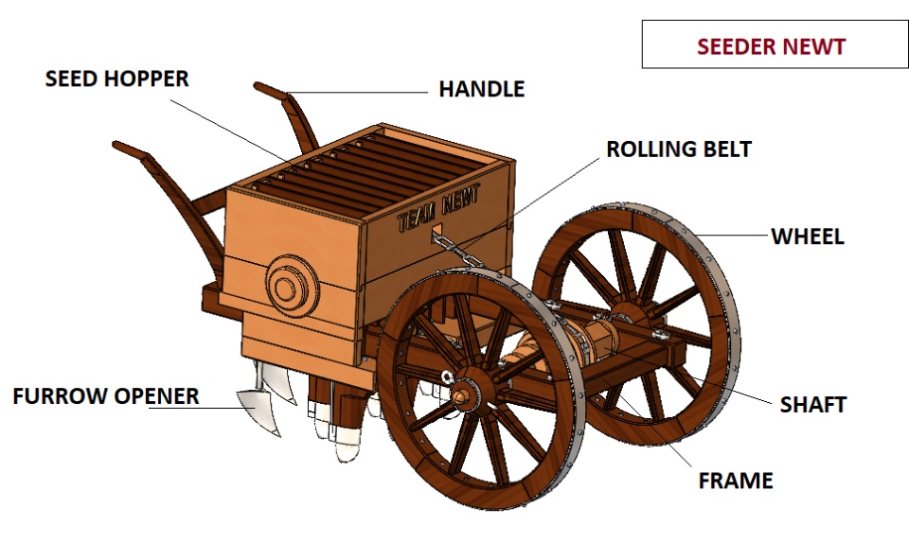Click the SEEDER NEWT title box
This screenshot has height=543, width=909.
coord(775,44)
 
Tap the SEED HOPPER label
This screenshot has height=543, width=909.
coord(116,79)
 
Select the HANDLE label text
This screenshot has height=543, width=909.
coord(481,90)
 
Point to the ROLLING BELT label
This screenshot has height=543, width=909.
coord(679,149)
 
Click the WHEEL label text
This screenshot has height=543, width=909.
coord(807,236)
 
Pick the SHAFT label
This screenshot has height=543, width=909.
coord(812,405)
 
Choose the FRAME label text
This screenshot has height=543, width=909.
coord(736,481)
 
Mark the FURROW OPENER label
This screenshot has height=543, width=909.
coord(106,396)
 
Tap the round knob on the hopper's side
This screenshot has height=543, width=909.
coord(284,283)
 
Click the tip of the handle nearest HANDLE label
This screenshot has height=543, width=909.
coord(262,88)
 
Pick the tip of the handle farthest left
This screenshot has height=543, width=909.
coord(119,147)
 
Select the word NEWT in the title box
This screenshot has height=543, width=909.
coord(813,45)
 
